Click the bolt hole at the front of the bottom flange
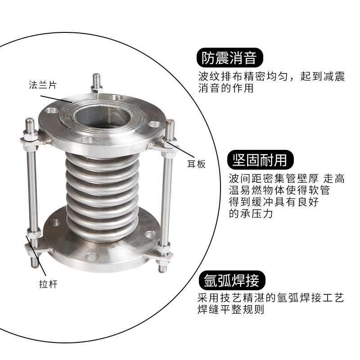click(x=92, y=257)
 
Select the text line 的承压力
click(x=251, y=214)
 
